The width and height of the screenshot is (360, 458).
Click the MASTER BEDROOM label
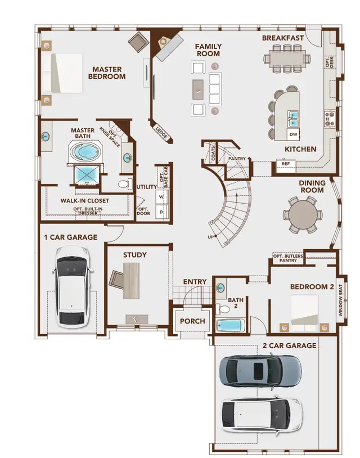108,73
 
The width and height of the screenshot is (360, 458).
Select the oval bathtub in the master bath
85,152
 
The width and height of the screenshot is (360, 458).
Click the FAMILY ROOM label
208,50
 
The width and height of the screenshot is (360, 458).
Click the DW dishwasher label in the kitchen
293,134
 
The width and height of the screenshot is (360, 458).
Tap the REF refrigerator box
285,164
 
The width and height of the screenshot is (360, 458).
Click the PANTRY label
237,159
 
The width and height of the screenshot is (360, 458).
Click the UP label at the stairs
211,236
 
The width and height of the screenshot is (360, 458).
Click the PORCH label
192,321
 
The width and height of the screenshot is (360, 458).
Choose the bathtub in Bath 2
231,326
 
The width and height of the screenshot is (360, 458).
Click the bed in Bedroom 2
304,312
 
